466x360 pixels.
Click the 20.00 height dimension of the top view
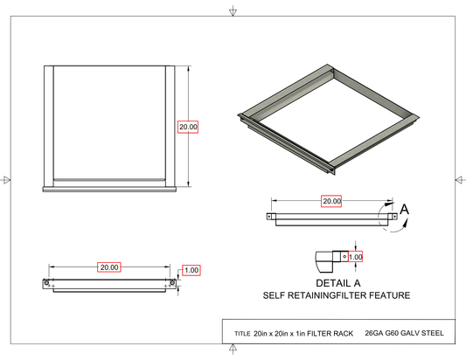(188, 127)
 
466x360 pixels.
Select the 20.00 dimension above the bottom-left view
(109, 267)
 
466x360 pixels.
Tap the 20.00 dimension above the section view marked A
(331, 201)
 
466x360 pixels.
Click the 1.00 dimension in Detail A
(355, 257)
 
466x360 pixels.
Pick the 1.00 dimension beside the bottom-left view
(191, 270)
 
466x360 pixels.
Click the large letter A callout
(404, 210)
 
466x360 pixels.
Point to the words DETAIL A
(338, 283)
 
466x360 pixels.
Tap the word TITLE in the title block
(242, 334)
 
